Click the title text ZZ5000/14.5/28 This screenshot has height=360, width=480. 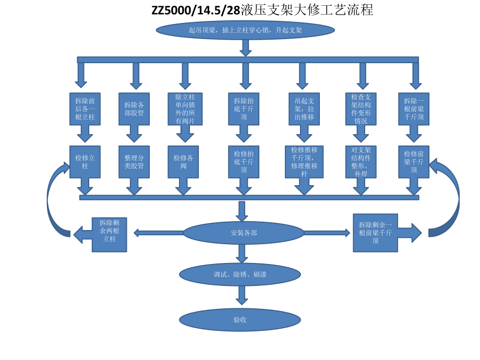[x=189, y=10]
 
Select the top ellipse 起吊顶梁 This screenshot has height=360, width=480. [x=245, y=30]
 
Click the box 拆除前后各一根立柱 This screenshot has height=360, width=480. [x=85, y=109]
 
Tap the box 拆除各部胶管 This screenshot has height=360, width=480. [x=134, y=109]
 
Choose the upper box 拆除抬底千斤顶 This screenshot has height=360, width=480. [x=244, y=109]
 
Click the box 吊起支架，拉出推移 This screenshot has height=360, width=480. [x=304, y=109]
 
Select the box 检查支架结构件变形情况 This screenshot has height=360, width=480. [x=361, y=109]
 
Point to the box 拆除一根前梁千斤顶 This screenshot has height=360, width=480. [x=414, y=109]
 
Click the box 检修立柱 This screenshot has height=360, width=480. [x=85, y=162]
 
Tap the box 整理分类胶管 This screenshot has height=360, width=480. [x=134, y=162]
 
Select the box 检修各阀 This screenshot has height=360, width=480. [x=183, y=162]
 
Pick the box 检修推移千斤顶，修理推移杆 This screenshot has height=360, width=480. [x=304, y=162]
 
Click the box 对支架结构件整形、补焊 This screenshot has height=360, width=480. [x=361, y=162]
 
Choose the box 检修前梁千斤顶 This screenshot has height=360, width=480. [x=414, y=162]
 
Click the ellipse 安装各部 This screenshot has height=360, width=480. [x=244, y=233]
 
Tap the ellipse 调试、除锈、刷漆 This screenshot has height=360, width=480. [x=240, y=274]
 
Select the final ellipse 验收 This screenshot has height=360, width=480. [x=240, y=320]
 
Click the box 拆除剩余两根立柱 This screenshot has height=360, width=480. [x=109, y=234]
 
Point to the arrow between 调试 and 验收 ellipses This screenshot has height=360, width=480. [x=241, y=295]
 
